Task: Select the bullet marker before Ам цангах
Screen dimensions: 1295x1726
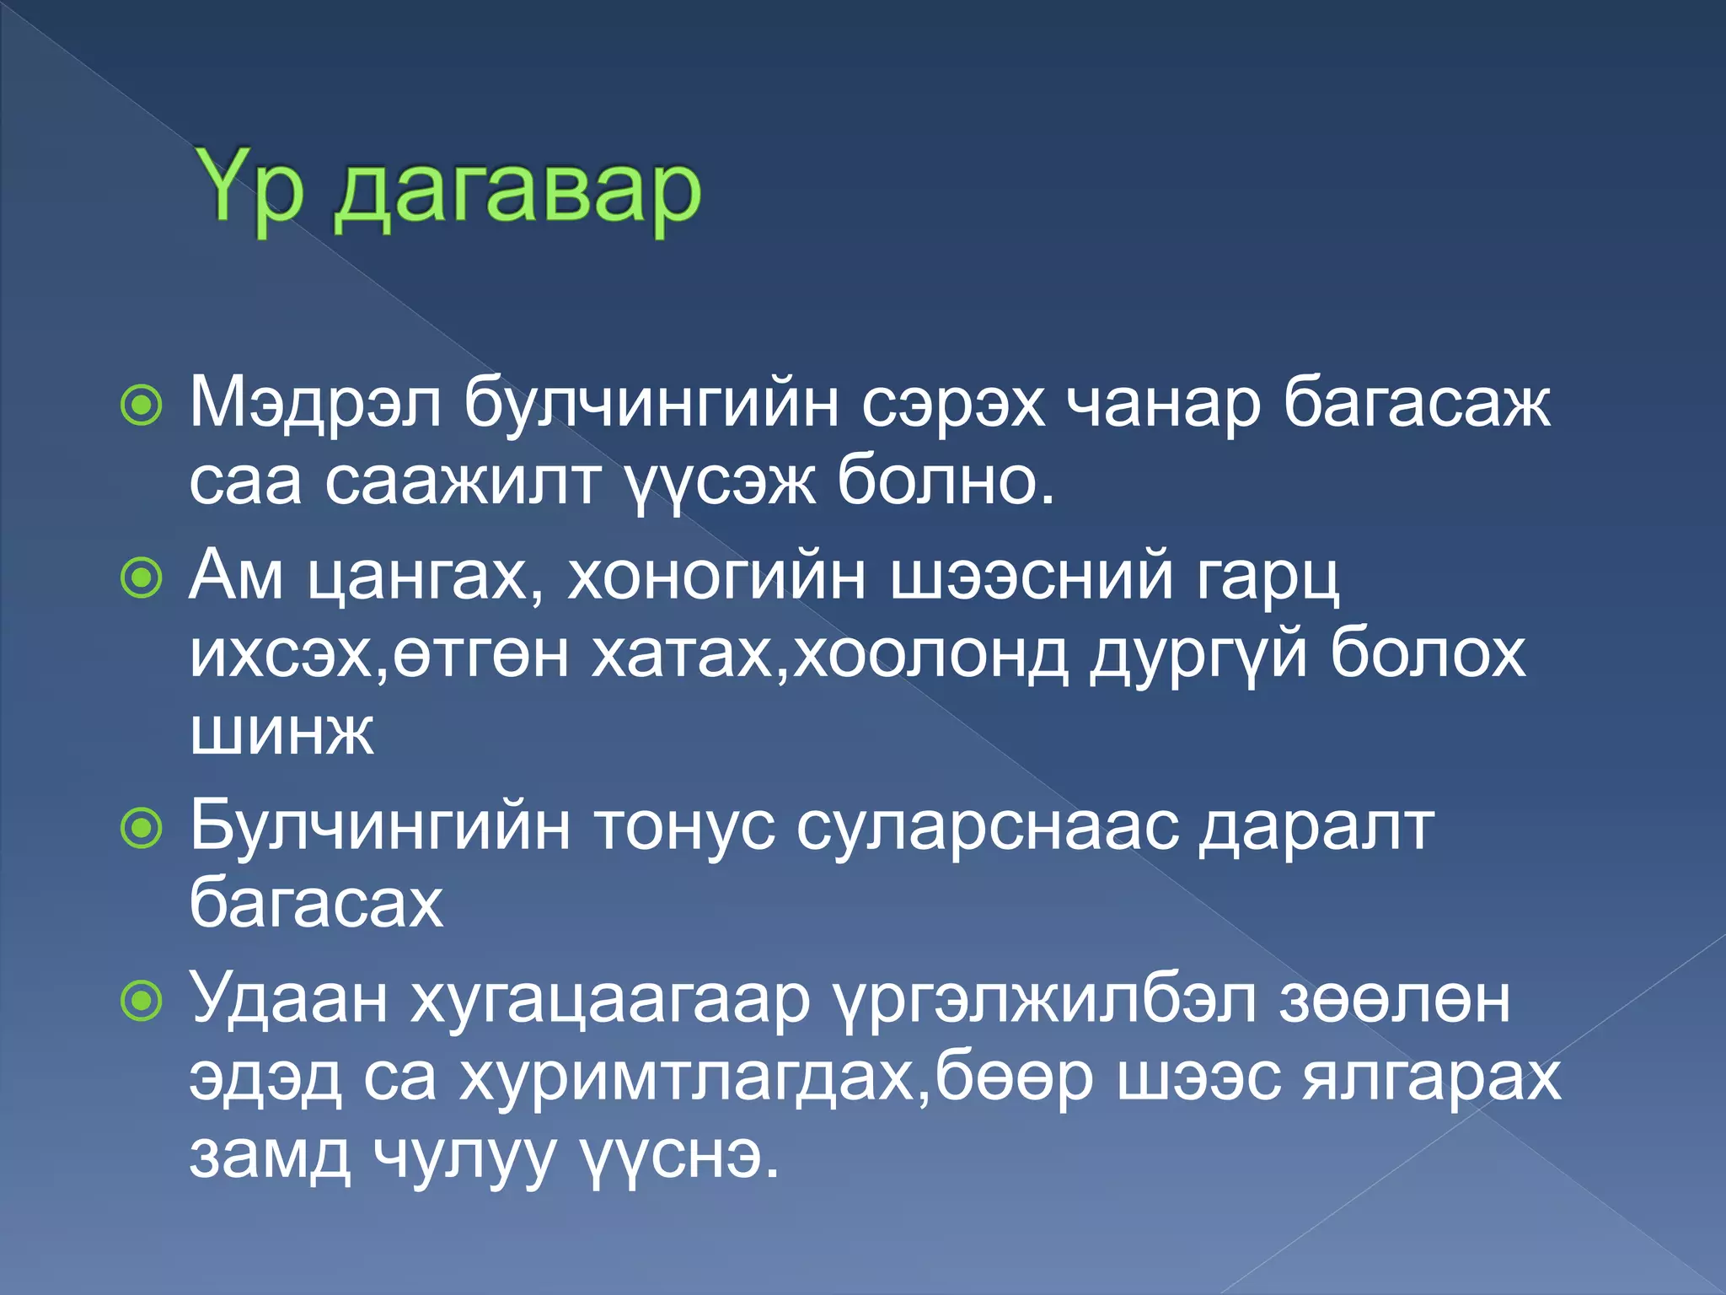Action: pos(141,578)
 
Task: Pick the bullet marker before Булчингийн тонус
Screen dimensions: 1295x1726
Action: pos(141,829)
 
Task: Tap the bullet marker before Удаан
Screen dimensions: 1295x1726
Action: pos(141,1001)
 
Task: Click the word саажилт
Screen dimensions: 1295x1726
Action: pos(463,482)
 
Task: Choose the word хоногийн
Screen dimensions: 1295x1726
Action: pos(716,577)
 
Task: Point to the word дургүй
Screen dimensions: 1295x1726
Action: pos(1198,654)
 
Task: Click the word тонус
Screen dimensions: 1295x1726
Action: pos(684,827)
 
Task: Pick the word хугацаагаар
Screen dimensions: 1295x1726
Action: pos(610,999)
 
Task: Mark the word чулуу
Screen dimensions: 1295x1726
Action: pos(464,1154)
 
